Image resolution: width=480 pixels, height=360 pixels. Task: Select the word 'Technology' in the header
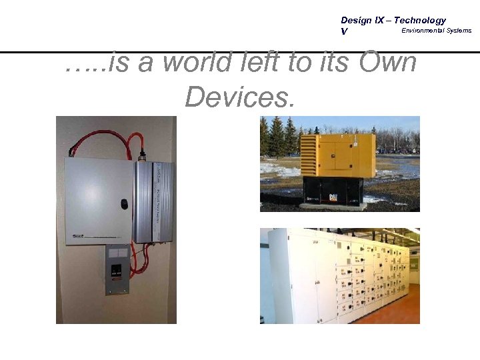[419, 21]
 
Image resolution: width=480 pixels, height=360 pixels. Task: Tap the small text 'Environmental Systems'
[436, 31]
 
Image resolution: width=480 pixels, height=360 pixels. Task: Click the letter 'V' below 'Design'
[344, 31]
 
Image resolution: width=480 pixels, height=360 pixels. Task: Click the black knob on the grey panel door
[123, 203]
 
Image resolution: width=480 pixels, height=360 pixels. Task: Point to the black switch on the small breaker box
[117, 272]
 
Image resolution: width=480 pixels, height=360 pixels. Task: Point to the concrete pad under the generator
[333, 206]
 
